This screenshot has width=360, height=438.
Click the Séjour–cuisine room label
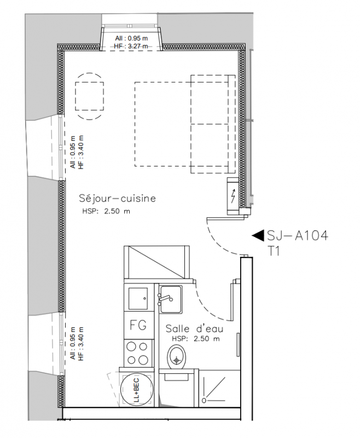click(118, 198)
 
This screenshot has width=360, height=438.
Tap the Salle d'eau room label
click(195, 328)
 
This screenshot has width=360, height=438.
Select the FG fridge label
click(138, 325)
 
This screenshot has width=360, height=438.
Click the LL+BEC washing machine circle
click(136, 390)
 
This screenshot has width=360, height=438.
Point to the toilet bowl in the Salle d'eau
click(176, 357)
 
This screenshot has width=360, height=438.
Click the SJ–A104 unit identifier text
click(298, 235)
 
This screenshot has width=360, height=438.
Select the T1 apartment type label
click(274, 251)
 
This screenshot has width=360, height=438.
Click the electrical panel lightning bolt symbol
click(233, 196)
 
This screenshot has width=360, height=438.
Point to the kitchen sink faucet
click(165, 299)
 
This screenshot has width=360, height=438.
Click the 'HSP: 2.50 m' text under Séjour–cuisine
click(106, 211)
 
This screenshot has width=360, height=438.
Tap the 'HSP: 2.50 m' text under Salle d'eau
click(196, 339)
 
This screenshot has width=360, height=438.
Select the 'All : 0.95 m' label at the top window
click(131, 38)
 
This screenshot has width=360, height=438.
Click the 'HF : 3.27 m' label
click(131, 47)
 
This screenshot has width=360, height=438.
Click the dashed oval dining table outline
click(89, 96)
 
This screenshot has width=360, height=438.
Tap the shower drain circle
click(204, 401)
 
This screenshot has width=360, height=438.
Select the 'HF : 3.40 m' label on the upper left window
click(81, 152)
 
